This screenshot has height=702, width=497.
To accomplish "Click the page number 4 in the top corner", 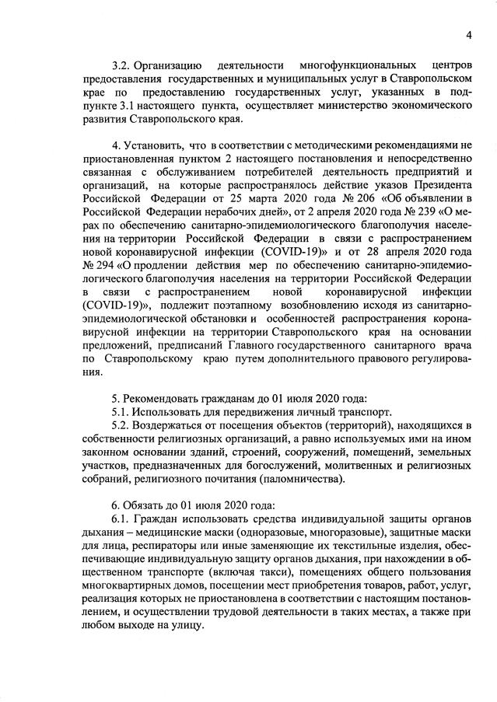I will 469,34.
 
